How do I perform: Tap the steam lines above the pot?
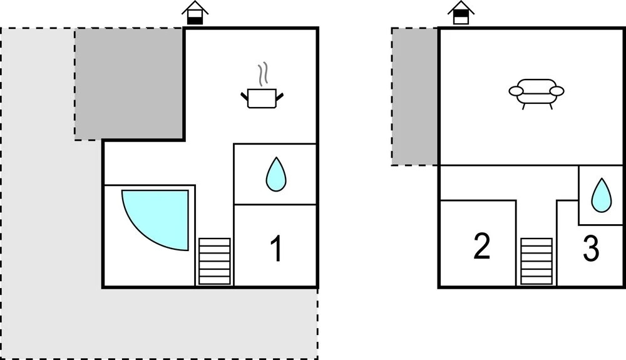262,75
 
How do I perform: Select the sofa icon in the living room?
536,94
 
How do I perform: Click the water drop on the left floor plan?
276,174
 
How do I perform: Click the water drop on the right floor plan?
601,195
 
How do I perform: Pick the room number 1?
276,249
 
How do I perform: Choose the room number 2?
482,246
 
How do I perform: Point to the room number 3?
591,249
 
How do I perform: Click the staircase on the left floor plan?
214,262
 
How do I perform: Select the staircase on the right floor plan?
536,262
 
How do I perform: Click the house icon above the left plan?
195,13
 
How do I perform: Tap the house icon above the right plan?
461,13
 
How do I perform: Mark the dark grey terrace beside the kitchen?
129,84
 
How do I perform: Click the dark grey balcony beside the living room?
414,96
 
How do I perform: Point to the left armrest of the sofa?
515,91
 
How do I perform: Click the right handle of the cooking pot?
279,96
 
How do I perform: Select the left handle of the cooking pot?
244,96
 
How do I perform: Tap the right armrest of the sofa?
557,91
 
